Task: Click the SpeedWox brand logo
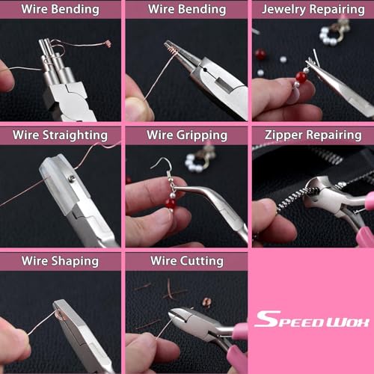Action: [x=312, y=319]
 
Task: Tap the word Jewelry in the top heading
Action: [x=283, y=10]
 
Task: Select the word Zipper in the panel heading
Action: [x=283, y=135]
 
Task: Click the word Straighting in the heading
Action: [x=75, y=135]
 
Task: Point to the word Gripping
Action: [x=202, y=135]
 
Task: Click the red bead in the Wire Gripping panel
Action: [x=171, y=203]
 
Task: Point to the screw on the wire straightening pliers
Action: [x=72, y=178]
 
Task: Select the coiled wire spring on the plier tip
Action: [x=170, y=51]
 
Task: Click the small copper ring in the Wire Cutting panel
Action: [x=206, y=302]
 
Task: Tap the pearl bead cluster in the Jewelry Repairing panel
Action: [x=330, y=36]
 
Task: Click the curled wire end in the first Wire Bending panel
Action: [x=108, y=43]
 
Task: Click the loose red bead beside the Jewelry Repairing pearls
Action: [x=260, y=54]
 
